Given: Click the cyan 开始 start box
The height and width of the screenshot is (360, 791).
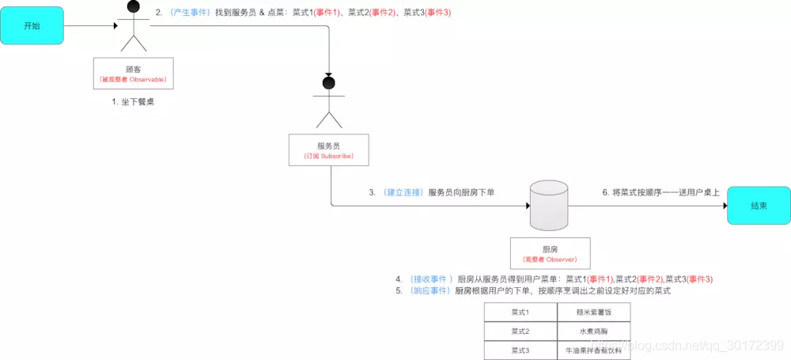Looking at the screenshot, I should pos(32,26).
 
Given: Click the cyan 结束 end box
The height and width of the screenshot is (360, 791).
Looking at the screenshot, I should pos(759,206).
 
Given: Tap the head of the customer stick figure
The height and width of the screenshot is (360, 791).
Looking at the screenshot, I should pos(133,7).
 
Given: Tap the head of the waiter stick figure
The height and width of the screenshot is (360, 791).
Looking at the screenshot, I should pos(328,82).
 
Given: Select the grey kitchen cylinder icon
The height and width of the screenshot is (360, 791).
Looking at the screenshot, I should pos(550,204).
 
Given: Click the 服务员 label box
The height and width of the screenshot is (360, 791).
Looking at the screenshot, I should pos(328,150).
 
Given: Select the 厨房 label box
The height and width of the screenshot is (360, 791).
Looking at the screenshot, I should pos(550,253).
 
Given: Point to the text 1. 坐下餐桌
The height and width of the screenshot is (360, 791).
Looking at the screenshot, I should pos(133,102).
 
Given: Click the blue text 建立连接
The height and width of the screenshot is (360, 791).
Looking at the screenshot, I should pos(403,192).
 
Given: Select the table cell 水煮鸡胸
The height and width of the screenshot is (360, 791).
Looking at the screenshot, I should pos(593,331).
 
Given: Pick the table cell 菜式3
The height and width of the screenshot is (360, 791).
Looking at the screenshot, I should pos(520,350).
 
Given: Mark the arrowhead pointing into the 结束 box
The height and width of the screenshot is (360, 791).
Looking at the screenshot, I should pos(722,206).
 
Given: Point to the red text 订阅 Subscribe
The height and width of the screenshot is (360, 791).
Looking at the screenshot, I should pos(328,156).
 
